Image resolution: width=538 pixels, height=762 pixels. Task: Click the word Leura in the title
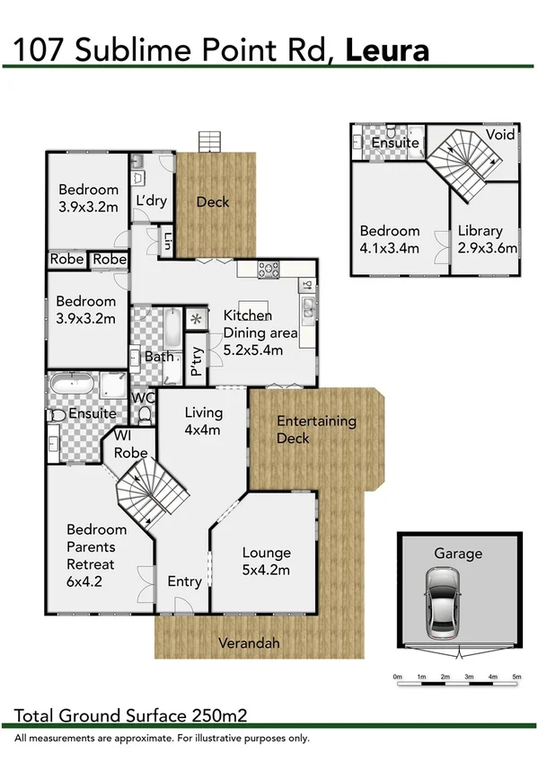tap(386, 49)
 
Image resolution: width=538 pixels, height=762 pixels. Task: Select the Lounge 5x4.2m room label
tap(266, 561)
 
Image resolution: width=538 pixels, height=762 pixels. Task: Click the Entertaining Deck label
tap(316, 429)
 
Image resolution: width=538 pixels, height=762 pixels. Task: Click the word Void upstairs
tap(499, 135)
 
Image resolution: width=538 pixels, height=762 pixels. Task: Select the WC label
tap(144, 396)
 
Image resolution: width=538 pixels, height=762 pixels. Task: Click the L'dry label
tap(151, 200)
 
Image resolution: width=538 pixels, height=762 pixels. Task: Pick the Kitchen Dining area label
tap(259, 332)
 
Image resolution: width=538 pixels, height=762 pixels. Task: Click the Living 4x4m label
tap(203, 421)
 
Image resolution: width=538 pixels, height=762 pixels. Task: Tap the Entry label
tap(185, 581)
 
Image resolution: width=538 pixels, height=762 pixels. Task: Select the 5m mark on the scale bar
tap(516, 676)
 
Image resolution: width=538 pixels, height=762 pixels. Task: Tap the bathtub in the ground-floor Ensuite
tap(72, 385)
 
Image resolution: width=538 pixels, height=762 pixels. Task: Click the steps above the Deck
tap(209, 142)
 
